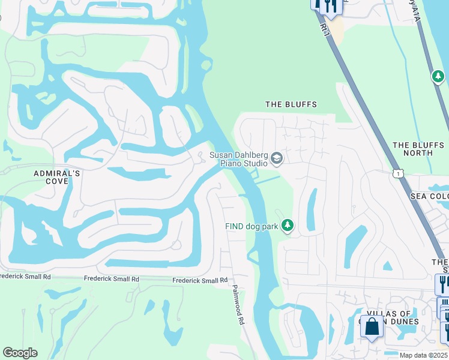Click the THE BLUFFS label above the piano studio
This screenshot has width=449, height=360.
tap(291, 104)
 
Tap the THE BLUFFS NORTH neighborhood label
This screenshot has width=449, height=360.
tap(420, 149)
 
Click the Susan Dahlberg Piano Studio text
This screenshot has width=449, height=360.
tap(238, 159)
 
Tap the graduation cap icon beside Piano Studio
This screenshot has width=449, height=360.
tap(277, 158)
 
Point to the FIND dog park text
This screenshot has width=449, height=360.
tap(252, 226)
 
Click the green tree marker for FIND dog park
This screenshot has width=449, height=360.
tap(288, 226)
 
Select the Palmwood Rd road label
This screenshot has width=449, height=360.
tap(238, 304)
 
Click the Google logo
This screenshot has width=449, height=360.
tap(20, 353)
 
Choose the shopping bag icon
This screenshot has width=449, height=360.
tap(372, 327)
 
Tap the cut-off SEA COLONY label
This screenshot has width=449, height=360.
tap(429, 196)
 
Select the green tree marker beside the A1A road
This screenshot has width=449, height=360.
tap(438, 76)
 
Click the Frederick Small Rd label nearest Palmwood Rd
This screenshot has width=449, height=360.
tap(200, 280)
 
